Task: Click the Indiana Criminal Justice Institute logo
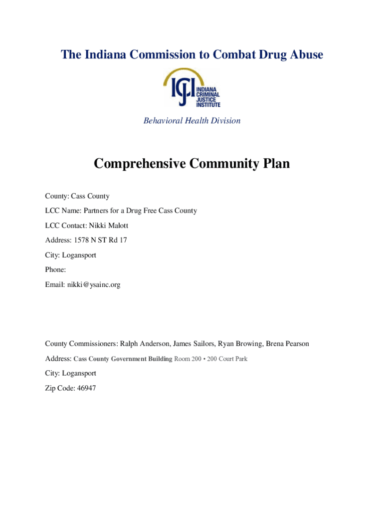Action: pyautogui.click(x=192, y=88)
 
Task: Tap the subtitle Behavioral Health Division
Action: pyautogui.click(x=192, y=121)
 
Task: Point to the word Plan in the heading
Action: pyautogui.click(x=275, y=164)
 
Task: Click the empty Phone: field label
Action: pyautogui.click(x=55, y=269)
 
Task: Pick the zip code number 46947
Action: pyautogui.click(x=85, y=388)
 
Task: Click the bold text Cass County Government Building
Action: pyautogui.click(x=123, y=359)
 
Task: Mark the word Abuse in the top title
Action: pyautogui.click(x=306, y=54)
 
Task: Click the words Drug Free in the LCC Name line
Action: pyautogui.click(x=147, y=211)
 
